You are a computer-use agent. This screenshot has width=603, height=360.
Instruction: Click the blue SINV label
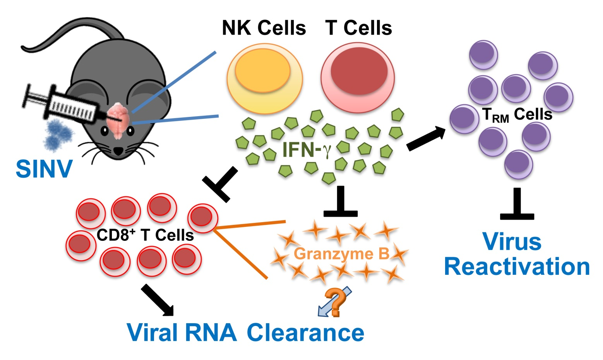click(44, 169)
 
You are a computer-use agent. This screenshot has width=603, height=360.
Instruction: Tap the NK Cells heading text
click(264, 28)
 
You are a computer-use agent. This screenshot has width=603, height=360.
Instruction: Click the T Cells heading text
click(359, 28)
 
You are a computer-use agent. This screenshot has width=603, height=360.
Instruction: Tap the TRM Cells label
click(517, 115)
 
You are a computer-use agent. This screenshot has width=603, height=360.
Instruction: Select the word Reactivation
click(517, 267)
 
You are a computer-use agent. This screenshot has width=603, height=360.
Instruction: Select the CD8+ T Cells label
click(145, 235)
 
